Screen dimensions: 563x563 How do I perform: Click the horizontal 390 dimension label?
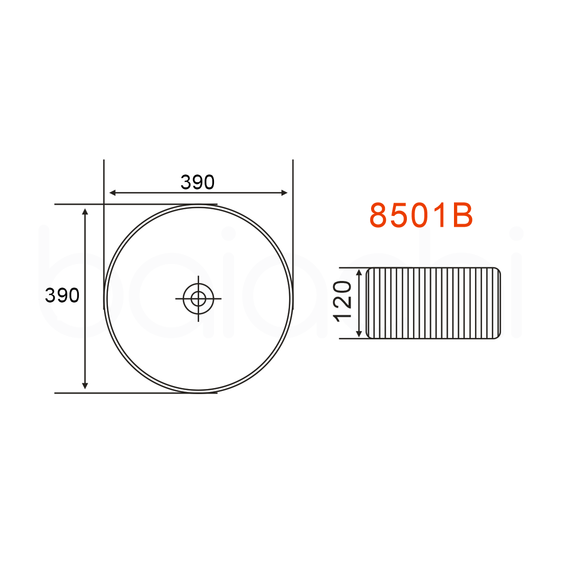(x=198, y=182)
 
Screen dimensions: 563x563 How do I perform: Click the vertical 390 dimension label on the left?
(x=62, y=295)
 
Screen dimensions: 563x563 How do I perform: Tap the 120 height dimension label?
(x=343, y=302)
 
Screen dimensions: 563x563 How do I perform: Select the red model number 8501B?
(x=421, y=215)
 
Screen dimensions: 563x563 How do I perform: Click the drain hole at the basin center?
(x=198, y=298)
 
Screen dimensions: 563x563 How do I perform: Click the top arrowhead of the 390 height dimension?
(x=85, y=211)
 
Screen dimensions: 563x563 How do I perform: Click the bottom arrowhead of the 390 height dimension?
(x=85, y=385)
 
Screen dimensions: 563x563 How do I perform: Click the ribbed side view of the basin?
(x=433, y=303)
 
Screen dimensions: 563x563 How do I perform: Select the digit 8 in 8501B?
(x=379, y=215)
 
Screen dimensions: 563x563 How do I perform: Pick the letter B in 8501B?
(x=462, y=215)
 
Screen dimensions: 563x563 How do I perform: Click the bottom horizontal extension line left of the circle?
(x=77, y=393)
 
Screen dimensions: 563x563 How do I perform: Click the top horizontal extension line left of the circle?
(x=77, y=204)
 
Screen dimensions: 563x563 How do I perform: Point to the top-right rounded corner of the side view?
(x=496, y=271)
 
